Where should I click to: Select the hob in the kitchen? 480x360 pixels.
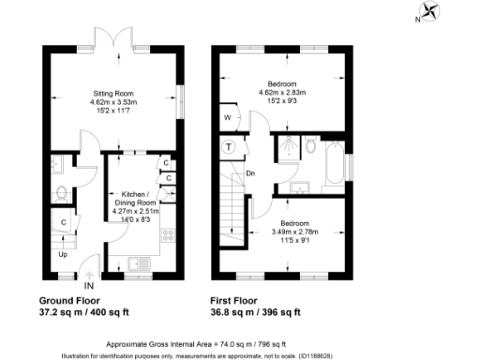tap(169, 236)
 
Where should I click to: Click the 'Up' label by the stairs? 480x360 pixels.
tap(63, 254)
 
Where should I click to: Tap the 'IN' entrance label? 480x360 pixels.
tap(90, 285)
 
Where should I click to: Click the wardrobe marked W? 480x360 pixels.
tap(227, 118)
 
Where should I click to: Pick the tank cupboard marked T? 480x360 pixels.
tap(229, 146)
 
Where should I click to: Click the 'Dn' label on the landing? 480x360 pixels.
tap(250, 172)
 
